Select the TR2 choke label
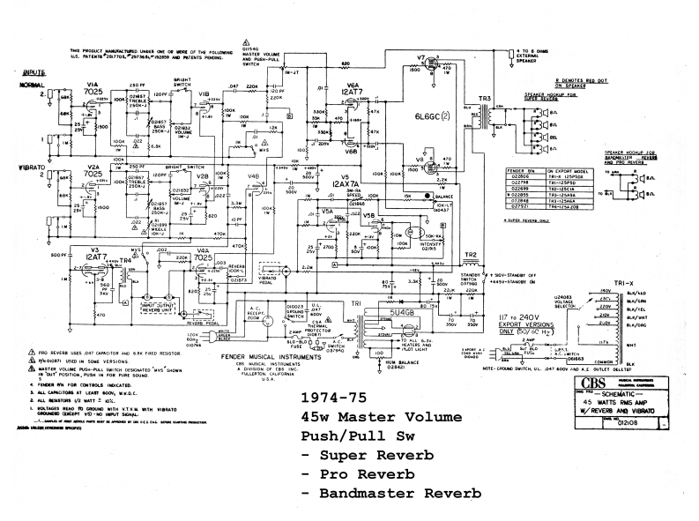tap(470, 255)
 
